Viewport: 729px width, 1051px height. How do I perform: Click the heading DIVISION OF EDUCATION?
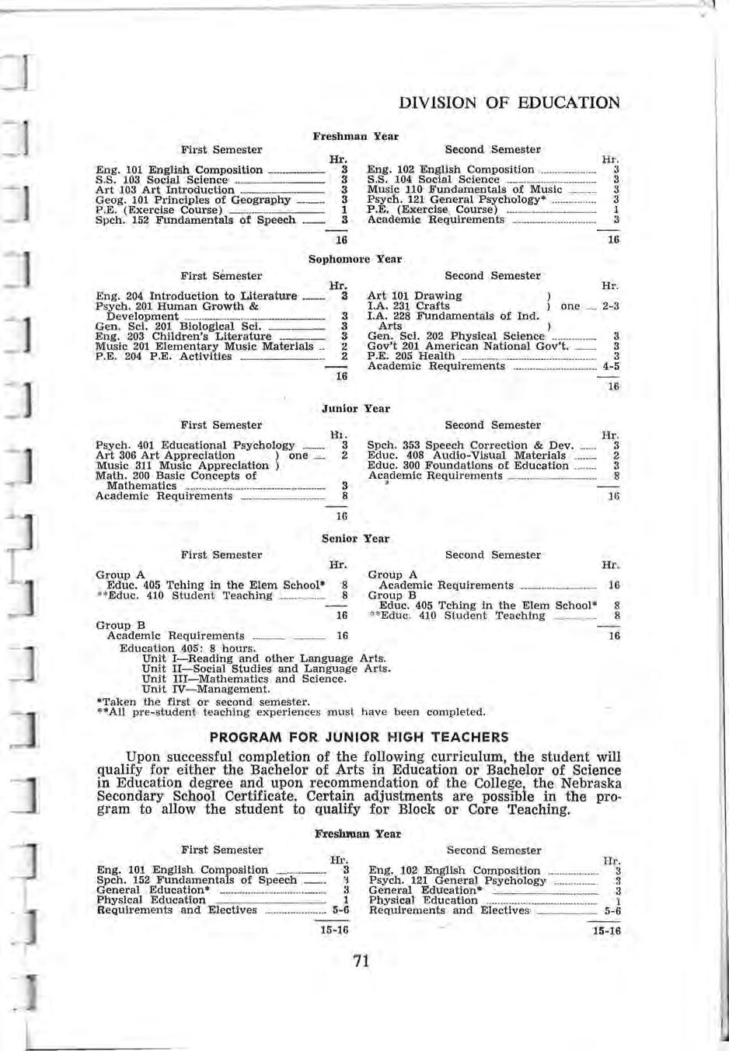pyautogui.click(x=508, y=103)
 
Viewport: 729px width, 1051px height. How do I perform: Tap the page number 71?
pyautogui.click(x=361, y=961)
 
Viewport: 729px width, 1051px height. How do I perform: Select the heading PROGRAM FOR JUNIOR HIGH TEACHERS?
pyautogui.click(x=360, y=737)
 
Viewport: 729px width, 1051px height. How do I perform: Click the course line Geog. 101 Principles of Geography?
pyautogui.click(x=192, y=200)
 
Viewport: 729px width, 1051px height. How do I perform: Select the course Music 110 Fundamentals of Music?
pyautogui.click(x=464, y=190)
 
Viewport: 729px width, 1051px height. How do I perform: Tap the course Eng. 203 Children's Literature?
pyautogui.click(x=183, y=337)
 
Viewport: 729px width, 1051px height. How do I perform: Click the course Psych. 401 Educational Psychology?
pyautogui.click(x=194, y=445)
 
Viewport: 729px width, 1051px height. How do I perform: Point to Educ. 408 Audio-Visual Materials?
pyautogui.click(x=466, y=456)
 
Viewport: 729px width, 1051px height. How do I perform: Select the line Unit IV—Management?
pyautogui.click(x=206, y=689)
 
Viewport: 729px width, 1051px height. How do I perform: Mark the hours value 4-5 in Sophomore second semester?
pyautogui.click(x=610, y=366)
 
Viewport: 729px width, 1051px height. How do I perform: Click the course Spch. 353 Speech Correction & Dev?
pyautogui.click(x=470, y=445)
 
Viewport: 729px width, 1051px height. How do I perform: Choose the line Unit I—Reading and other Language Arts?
pyautogui.click(x=264, y=658)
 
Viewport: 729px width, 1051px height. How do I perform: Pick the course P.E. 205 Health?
pyautogui.click(x=411, y=356)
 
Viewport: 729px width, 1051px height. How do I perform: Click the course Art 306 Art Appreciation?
pyautogui.click(x=165, y=456)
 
